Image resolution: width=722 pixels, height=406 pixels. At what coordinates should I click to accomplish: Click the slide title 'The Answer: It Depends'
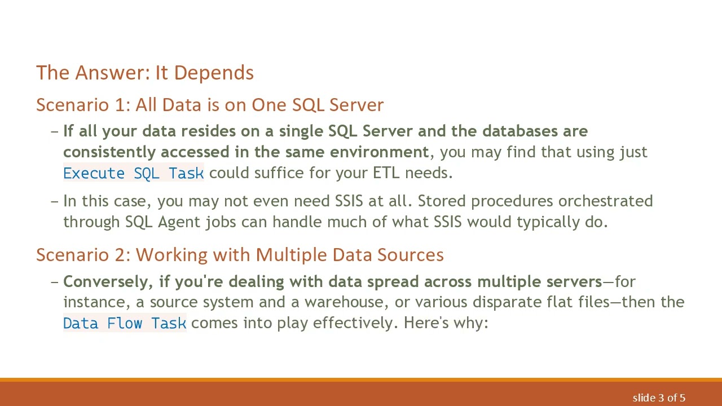(x=145, y=73)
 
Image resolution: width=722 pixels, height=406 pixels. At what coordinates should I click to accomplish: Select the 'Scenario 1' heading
(x=209, y=105)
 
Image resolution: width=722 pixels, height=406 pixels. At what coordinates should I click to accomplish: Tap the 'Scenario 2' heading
(x=240, y=255)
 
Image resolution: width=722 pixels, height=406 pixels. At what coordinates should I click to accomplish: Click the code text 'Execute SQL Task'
(x=133, y=173)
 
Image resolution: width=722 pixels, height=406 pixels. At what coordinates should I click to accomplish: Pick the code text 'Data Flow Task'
(x=125, y=323)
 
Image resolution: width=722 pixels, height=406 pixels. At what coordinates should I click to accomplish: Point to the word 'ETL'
(x=386, y=173)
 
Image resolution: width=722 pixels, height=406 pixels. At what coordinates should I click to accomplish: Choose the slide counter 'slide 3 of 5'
(x=659, y=398)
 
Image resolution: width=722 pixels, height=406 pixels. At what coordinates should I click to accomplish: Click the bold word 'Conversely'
(x=108, y=281)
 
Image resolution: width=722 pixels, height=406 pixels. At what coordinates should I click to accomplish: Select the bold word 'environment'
(x=379, y=152)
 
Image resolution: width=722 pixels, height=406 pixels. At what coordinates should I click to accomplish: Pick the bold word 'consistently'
(x=109, y=152)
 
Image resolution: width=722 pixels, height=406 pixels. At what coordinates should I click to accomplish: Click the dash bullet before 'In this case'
(x=55, y=201)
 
